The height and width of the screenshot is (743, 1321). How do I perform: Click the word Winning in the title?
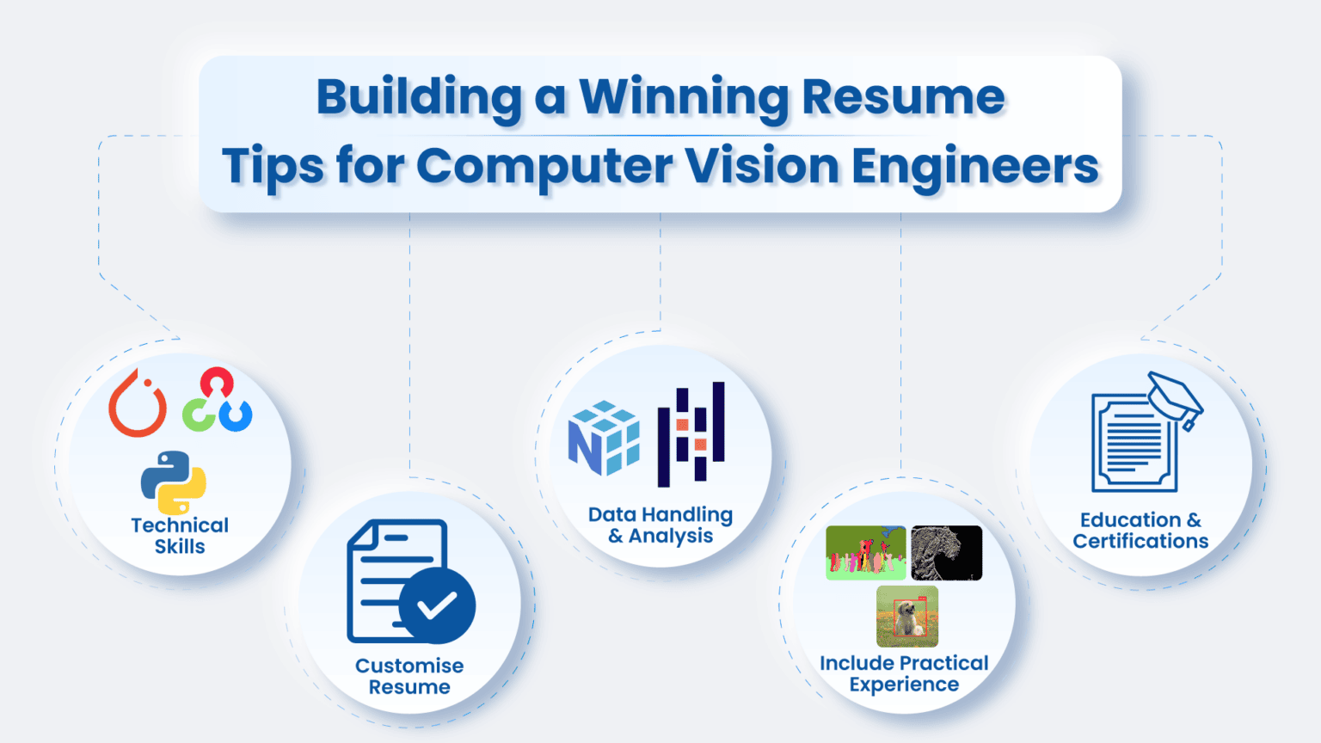point(684,97)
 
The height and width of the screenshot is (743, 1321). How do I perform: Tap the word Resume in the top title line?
point(903,97)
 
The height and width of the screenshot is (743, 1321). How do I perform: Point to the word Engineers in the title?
point(975,166)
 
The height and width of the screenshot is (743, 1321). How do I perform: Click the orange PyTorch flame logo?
point(138,404)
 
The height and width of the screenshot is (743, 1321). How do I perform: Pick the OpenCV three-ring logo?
point(217,401)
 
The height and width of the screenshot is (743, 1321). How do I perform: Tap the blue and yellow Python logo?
point(174,482)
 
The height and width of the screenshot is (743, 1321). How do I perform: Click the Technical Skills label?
point(180,536)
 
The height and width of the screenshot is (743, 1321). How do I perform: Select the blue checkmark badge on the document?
point(437,605)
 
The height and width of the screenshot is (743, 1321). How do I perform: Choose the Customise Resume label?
point(409,676)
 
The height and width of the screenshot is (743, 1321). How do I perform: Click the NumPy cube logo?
point(604,438)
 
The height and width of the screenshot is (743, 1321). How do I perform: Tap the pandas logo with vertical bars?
point(691,434)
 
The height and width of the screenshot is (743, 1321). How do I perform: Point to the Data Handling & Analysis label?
point(660,525)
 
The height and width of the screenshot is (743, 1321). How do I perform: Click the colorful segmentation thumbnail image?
point(865,553)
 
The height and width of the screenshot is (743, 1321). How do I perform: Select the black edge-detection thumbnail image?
point(946,553)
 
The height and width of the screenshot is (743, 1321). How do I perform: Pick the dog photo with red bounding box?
point(907,616)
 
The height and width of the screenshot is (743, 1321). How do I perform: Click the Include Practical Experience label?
point(904,673)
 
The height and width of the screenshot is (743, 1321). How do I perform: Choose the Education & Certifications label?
point(1140,531)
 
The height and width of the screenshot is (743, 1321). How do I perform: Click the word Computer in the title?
point(544,166)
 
